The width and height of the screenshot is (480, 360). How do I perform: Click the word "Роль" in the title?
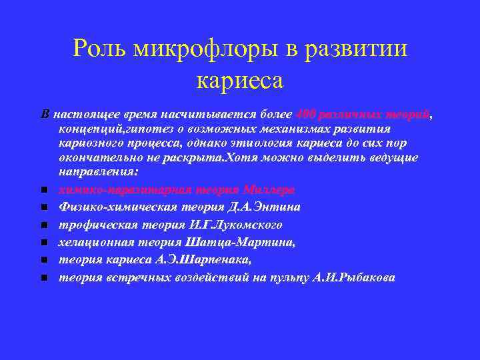pos(100,48)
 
